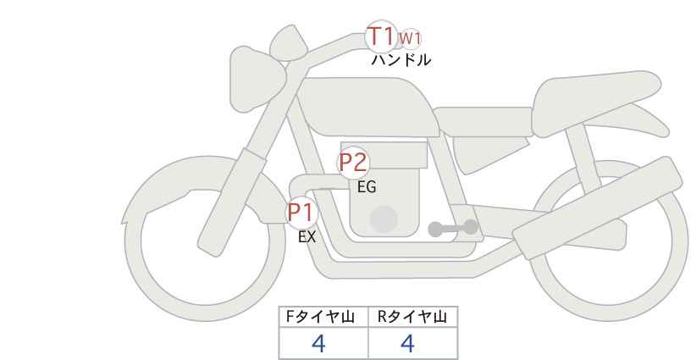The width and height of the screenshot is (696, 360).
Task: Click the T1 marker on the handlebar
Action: (x=381, y=36)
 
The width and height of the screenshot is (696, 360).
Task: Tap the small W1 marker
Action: (x=409, y=39)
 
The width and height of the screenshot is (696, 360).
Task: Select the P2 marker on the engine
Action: (x=353, y=163)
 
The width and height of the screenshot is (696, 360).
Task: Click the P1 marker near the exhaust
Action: (x=301, y=213)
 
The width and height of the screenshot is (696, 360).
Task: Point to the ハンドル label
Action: (x=400, y=60)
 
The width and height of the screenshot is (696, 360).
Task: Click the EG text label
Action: (x=367, y=187)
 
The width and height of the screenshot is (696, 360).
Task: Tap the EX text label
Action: (x=307, y=237)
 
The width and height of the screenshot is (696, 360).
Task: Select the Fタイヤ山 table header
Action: (x=320, y=317)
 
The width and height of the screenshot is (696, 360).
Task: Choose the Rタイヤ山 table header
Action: (x=412, y=317)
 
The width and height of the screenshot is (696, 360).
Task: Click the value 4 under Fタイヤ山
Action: (x=318, y=343)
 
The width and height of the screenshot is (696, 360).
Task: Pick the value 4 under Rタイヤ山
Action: (x=407, y=343)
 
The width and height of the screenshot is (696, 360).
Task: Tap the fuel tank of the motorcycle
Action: (x=368, y=107)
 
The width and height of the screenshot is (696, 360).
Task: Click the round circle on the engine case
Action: (x=384, y=219)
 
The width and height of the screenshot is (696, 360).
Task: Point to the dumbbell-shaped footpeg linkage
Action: (x=453, y=228)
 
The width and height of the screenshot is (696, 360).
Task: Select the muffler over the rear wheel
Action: (x=598, y=207)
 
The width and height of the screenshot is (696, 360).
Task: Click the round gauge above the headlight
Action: (x=288, y=42)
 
